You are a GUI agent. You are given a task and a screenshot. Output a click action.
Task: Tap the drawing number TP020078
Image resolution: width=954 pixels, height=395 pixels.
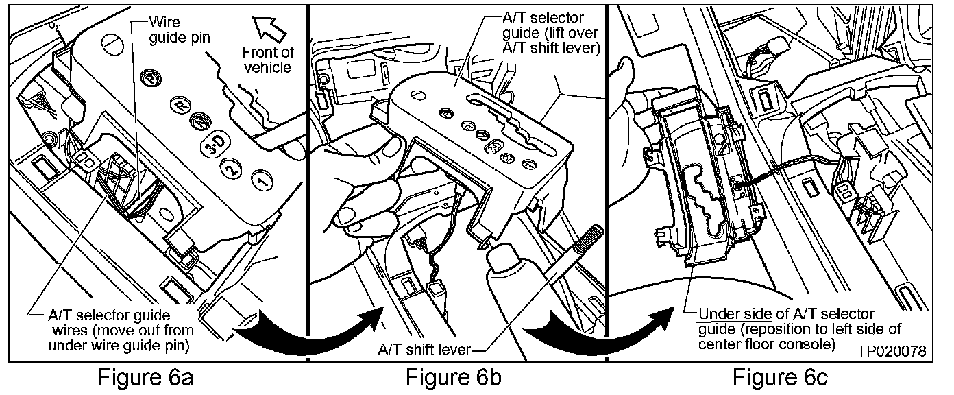pyautogui.click(x=890, y=350)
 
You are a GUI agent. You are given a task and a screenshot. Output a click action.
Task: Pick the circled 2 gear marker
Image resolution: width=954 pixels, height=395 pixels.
pyautogui.click(x=233, y=168)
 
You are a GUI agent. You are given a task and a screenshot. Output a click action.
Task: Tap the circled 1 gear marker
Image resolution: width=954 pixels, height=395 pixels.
pyautogui.click(x=260, y=180)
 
